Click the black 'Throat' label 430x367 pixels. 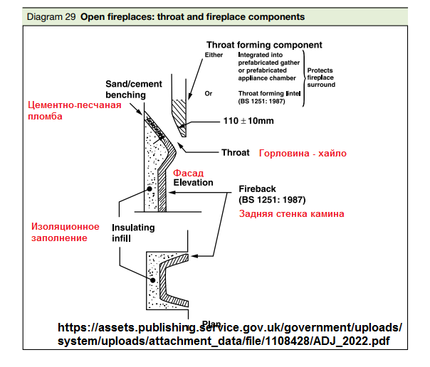tap(235, 152)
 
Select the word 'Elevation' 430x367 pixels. tap(193, 182)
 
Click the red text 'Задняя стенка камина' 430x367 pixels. tap(291, 213)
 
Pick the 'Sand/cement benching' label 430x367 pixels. tap(125, 89)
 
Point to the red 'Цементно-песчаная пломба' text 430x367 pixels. tap(74, 111)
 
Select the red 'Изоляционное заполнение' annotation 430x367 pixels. tap(65, 232)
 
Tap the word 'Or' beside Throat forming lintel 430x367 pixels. tap(208, 92)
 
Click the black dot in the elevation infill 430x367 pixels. tap(150, 189)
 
